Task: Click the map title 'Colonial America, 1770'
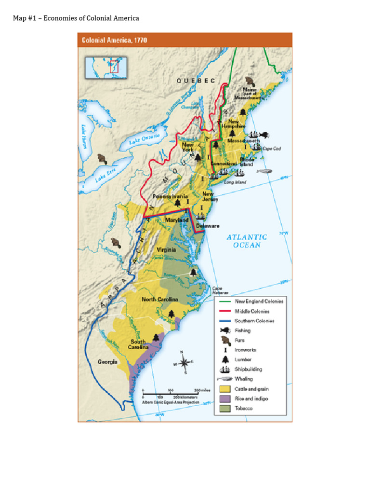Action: [114, 40]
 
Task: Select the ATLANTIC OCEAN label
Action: [247, 241]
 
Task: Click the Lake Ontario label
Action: [144, 140]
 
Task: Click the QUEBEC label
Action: [196, 81]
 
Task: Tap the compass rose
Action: [185, 362]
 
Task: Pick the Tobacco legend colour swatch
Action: [225, 409]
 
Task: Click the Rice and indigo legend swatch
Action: [225, 399]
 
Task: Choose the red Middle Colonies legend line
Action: [225, 311]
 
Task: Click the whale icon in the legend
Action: [225, 379]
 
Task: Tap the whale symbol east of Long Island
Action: [264, 171]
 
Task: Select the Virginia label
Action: [166, 250]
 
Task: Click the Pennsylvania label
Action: [170, 196]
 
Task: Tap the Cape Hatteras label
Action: [220, 290]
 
